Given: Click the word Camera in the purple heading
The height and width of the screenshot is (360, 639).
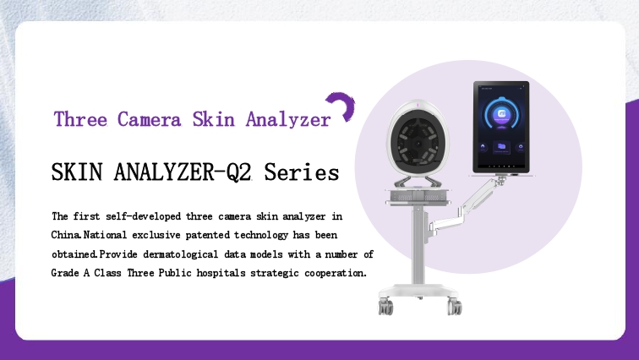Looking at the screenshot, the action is click(149, 119).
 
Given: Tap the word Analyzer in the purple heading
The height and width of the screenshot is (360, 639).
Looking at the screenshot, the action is click(288, 119).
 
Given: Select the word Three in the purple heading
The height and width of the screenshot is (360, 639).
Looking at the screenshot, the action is click(80, 119).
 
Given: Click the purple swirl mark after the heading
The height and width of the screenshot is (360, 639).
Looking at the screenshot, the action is click(343, 104).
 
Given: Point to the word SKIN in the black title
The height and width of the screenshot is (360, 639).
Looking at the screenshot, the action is click(77, 172).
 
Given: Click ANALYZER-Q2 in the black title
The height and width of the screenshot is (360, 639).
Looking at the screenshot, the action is click(183, 172).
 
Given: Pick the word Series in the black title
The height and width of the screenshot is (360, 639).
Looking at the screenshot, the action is click(302, 172).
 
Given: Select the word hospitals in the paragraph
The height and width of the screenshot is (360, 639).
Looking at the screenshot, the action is click(221, 273).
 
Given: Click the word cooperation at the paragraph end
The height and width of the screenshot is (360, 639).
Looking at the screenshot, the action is click(336, 273).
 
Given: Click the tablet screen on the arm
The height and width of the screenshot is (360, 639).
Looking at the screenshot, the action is click(501, 127).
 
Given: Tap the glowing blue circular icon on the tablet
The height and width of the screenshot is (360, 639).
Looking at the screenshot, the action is click(501, 114).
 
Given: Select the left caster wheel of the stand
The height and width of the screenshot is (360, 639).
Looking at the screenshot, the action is click(385, 307).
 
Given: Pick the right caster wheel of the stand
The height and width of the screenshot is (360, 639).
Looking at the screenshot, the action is click(455, 306).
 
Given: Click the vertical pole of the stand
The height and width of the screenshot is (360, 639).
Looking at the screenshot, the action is click(418, 245).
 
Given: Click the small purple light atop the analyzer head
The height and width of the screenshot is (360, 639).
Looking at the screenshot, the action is click(418, 106).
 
